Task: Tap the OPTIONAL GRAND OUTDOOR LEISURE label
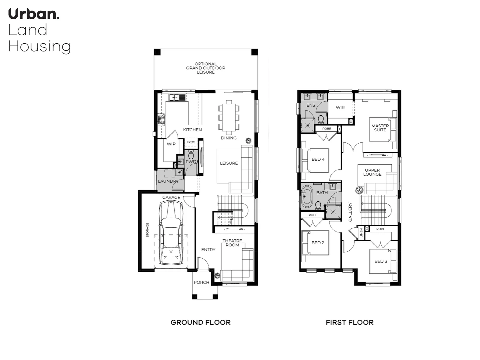[x=206, y=68]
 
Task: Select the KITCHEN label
[x=192, y=130]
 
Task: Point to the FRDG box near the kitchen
[x=191, y=142]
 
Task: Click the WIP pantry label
[x=171, y=144]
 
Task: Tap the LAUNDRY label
[x=168, y=181]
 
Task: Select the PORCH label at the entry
[x=202, y=282]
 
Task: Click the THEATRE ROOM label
[x=232, y=243]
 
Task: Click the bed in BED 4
[x=315, y=160]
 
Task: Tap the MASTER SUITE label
[x=380, y=128]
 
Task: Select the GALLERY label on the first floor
[x=350, y=212]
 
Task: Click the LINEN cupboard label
[x=361, y=233]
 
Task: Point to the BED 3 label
[x=381, y=261]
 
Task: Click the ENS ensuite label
[x=310, y=105]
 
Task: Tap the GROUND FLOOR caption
[x=201, y=322]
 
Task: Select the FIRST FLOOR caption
[x=349, y=322]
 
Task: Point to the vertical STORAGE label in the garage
[x=148, y=230]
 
